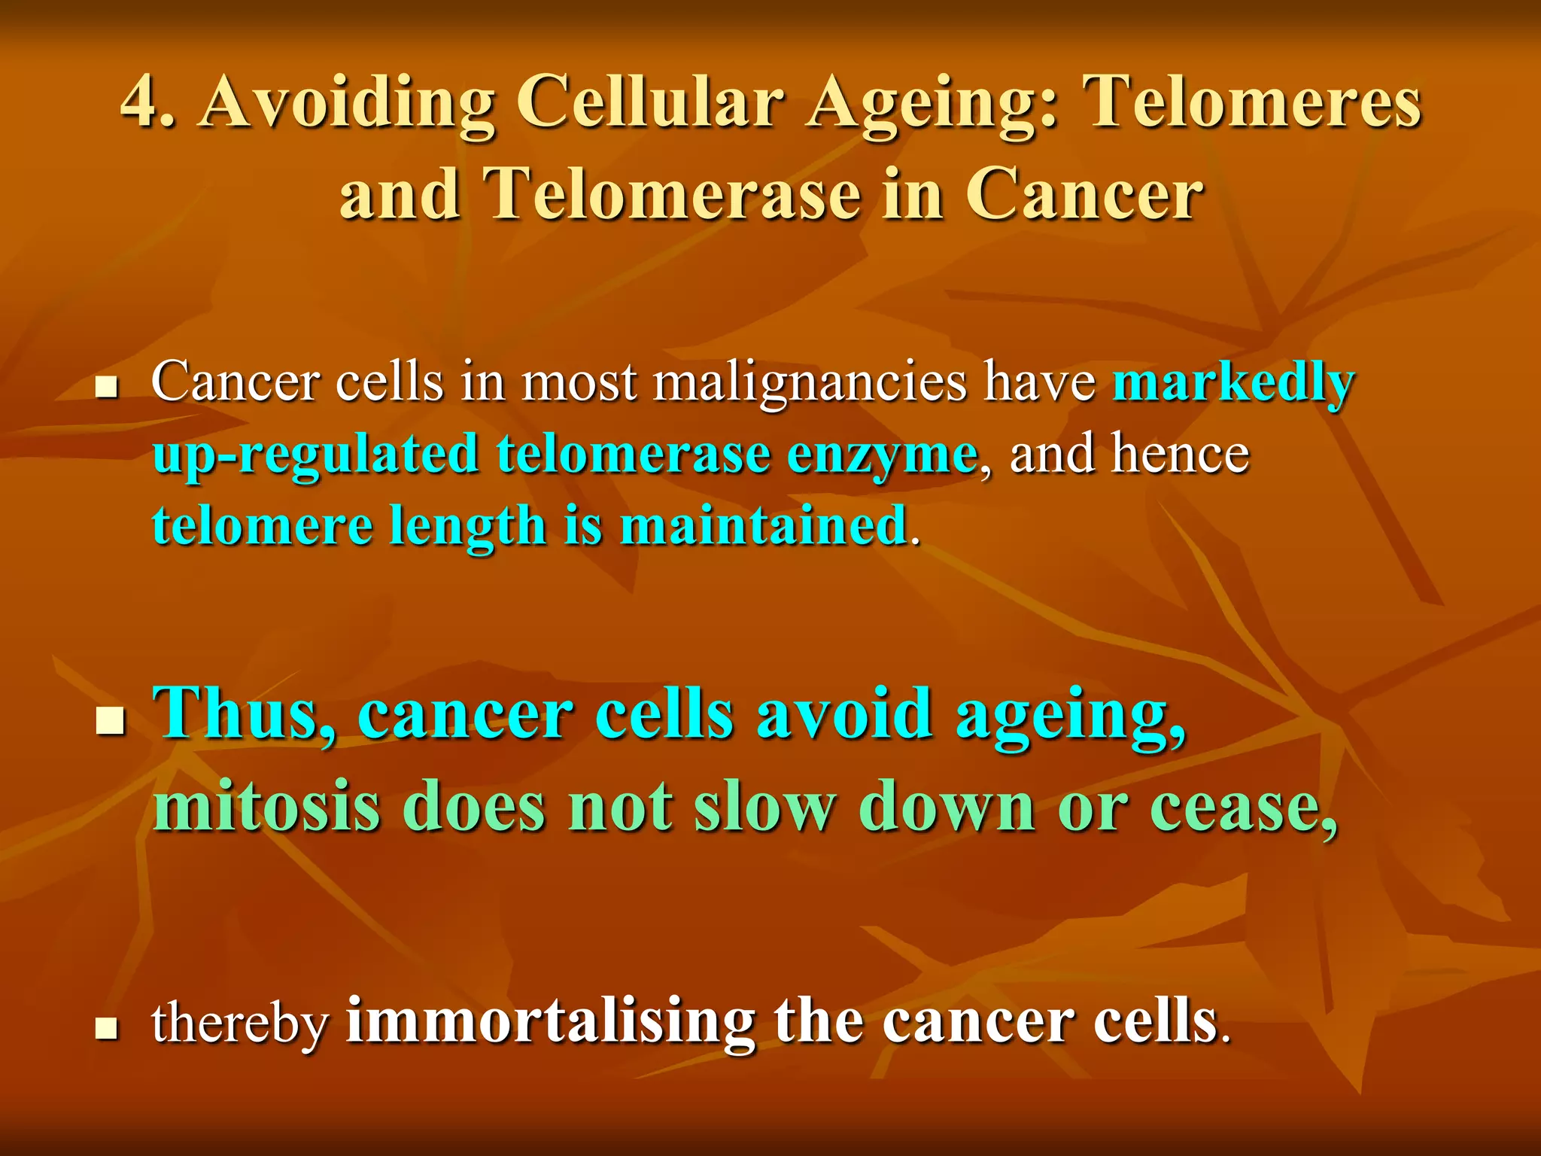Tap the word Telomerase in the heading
pos(672,194)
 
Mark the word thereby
pos(240,1024)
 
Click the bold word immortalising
pos(550,1021)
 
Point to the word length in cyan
pos(467,527)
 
